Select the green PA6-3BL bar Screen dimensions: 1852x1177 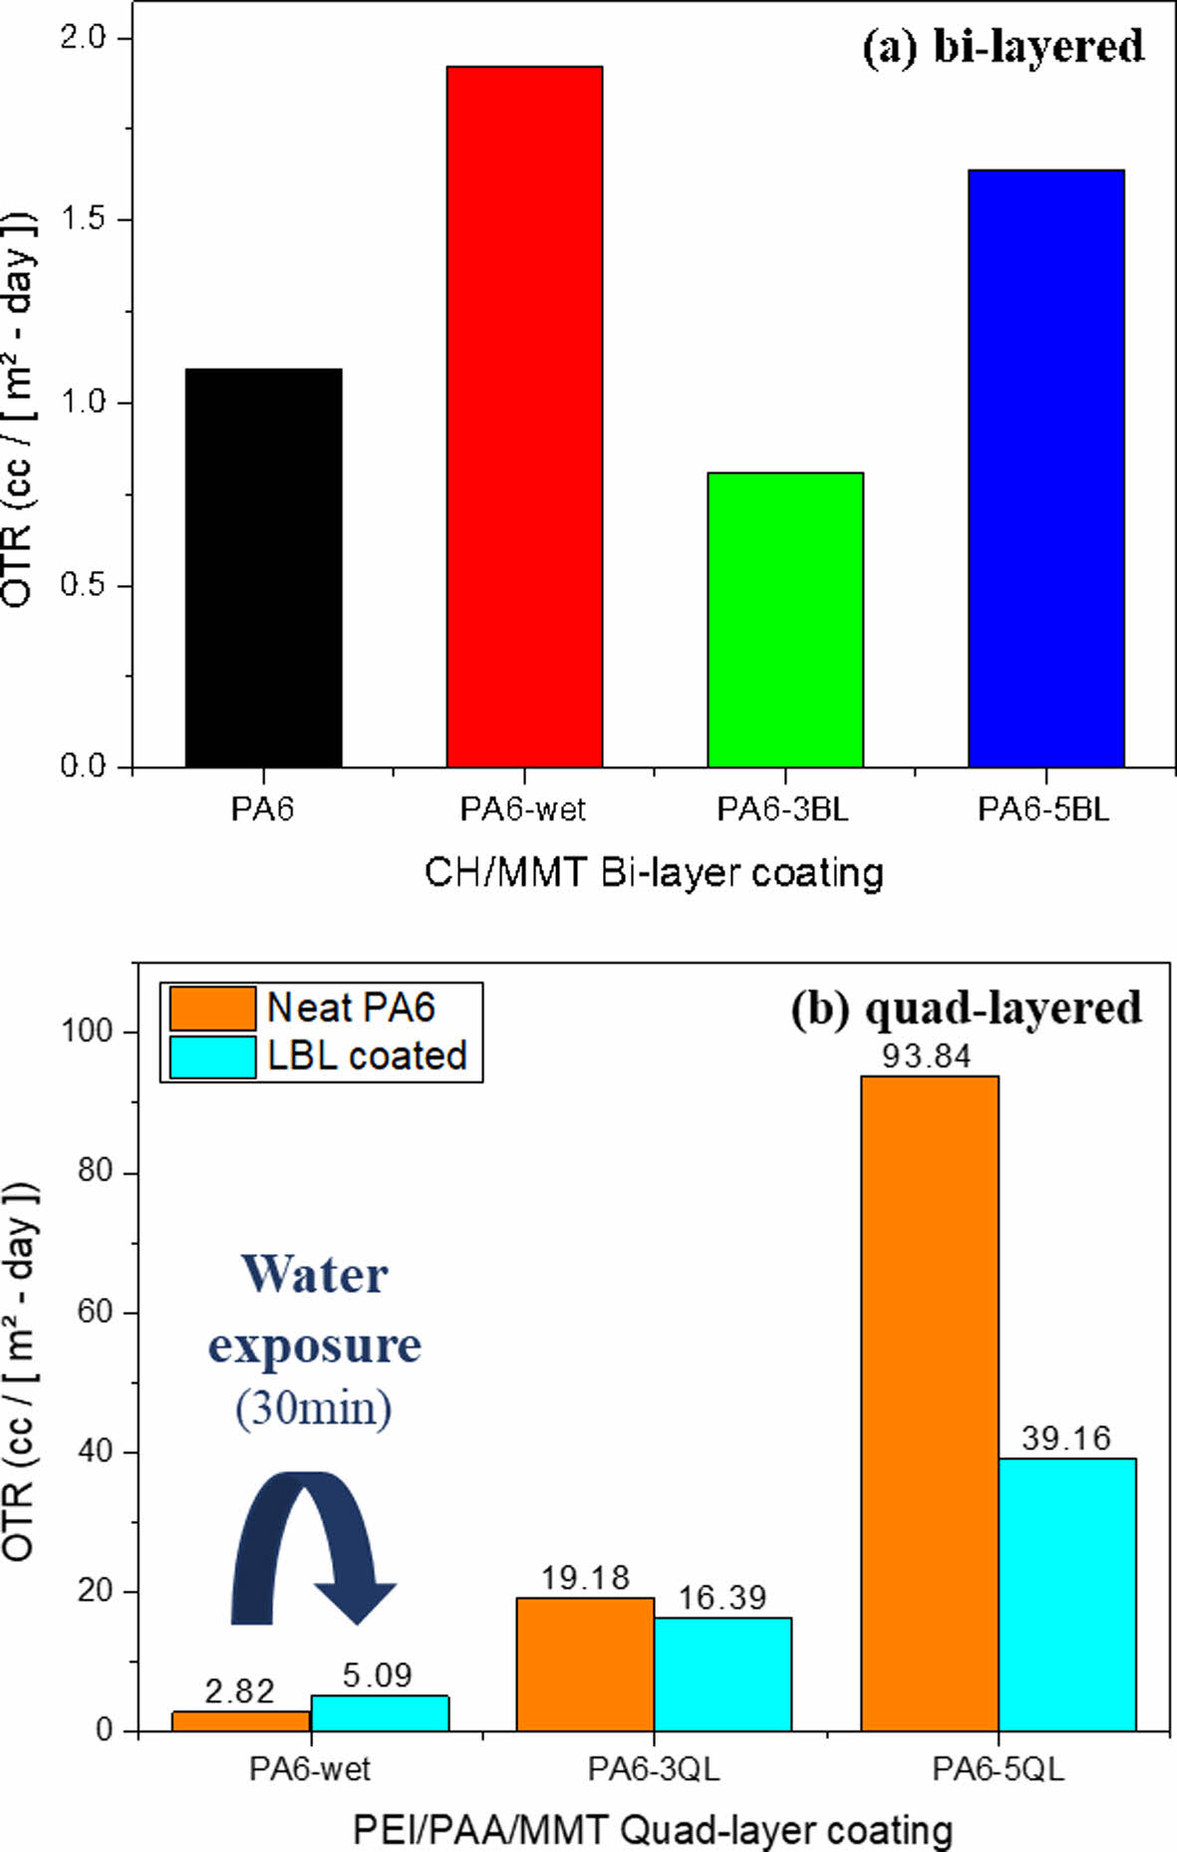785,619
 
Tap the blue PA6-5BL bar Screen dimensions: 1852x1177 1045,468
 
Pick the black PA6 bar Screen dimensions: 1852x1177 263,568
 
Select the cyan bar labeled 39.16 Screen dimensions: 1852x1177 1066,1595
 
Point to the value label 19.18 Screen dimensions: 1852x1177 585,1578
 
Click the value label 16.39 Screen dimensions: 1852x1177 722,1598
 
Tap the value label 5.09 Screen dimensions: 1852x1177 377,1675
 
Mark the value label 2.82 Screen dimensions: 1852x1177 239,1691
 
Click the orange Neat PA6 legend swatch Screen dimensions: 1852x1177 212,1008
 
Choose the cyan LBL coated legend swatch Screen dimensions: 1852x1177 212,1057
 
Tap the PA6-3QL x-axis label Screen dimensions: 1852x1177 653,1769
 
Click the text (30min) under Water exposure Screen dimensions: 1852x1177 314,1407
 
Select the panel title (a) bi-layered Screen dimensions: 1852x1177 1003,47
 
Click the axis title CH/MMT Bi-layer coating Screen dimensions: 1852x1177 654,872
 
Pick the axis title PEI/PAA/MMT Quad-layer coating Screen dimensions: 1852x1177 653,1830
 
